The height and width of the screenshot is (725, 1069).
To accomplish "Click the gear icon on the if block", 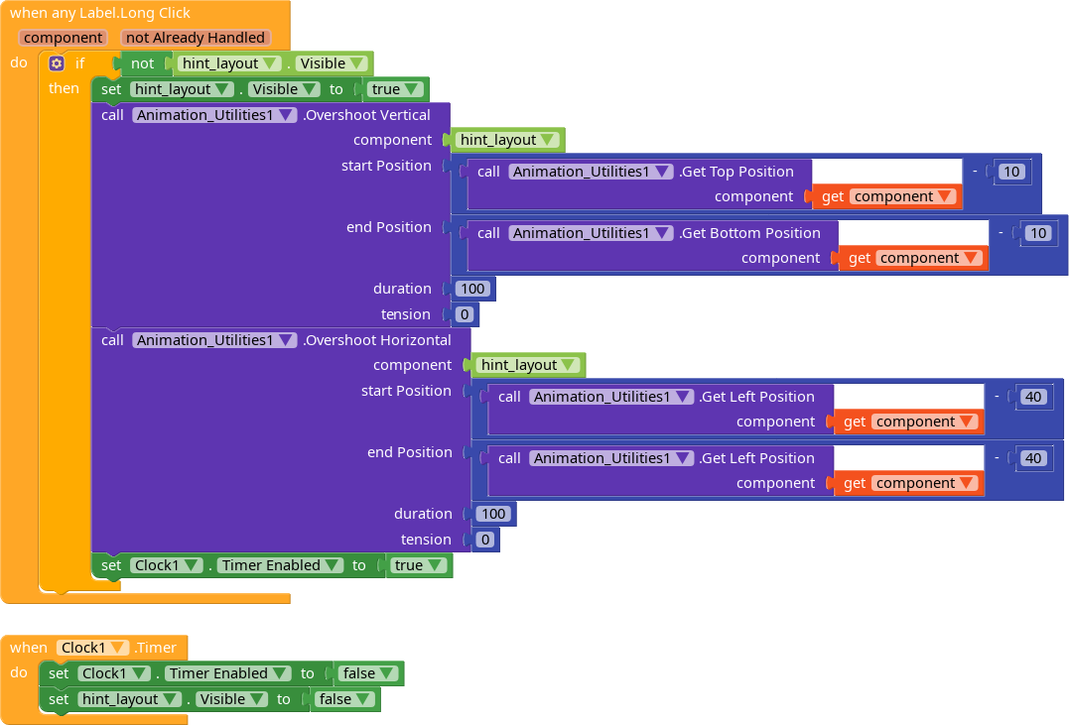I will [57, 63].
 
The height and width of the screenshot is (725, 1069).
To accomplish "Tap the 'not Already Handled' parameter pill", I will [195, 38].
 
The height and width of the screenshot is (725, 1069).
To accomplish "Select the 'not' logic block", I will [143, 63].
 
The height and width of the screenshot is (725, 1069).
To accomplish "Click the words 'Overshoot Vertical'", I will [367, 115].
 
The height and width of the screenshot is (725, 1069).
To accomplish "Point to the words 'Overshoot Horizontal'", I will [377, 340].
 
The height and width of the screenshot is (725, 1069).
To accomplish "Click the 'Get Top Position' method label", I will [736, 172].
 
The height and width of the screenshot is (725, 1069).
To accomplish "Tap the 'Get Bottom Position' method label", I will [750, 233].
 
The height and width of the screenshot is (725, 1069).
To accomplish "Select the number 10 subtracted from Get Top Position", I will [1011, 172].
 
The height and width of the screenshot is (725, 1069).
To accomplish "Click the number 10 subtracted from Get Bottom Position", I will [1037, 233].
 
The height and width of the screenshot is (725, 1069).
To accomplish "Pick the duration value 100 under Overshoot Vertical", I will [472, 289].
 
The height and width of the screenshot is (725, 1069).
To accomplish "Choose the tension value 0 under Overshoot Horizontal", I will [485, 540].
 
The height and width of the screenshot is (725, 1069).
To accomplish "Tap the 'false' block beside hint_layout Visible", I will [344, 699].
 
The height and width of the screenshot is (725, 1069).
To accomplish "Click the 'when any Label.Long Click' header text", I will [99, 13].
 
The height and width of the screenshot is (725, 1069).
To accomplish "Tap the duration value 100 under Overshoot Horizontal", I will [493, 514].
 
